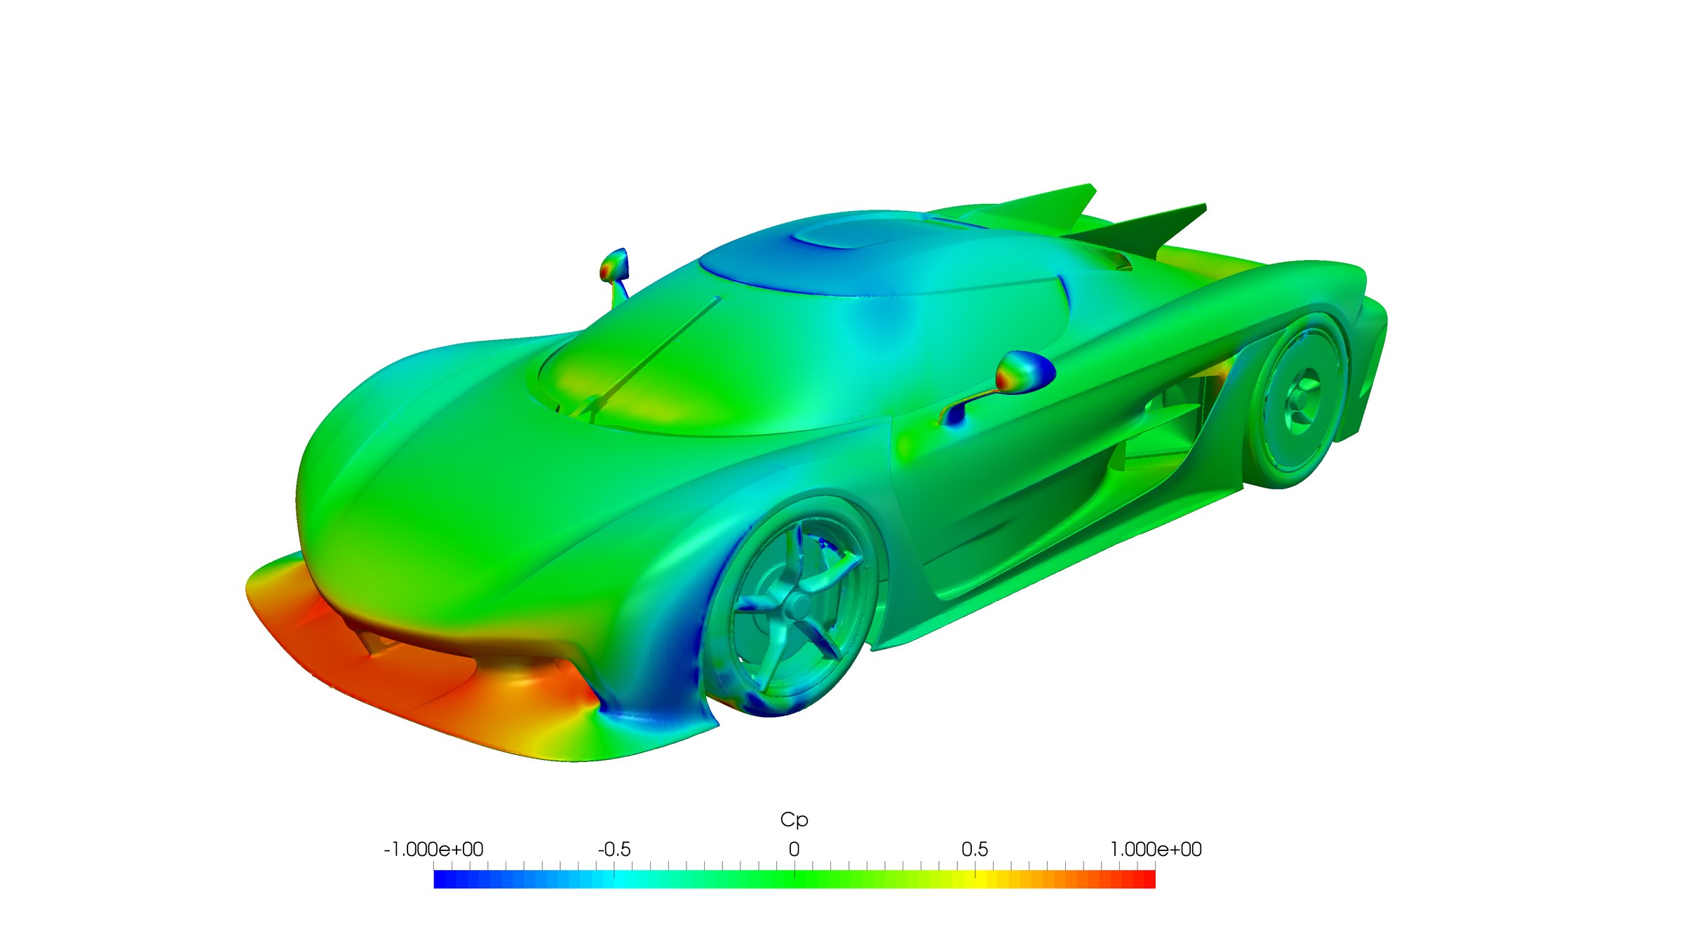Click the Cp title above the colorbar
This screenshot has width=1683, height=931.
pos(794,820)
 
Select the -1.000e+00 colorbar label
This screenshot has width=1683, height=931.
pos(433,850)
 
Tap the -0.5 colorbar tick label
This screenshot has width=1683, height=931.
pos(614,850)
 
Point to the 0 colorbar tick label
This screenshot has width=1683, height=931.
pos(794,850)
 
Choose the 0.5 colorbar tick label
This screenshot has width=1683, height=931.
pos(975,850)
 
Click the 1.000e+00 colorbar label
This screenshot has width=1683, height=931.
pos(1156,850)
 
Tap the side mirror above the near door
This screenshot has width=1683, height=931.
pos(1025,372)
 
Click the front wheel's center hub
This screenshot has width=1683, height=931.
pos(797,606)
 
